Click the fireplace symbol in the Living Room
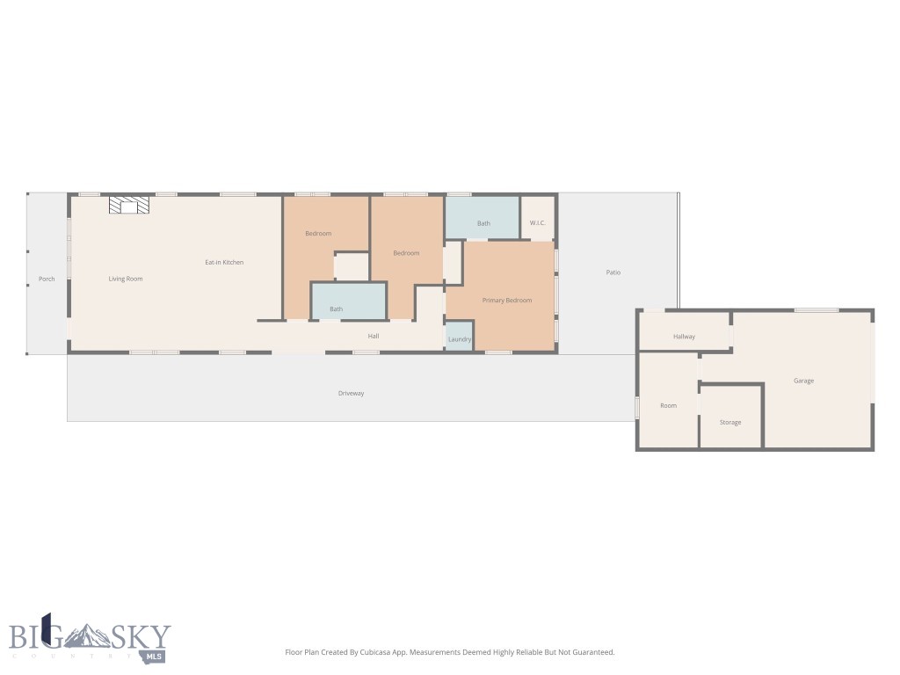coord(129,205)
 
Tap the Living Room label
coord(126,279)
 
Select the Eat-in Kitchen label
coord(224,262)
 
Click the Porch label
coord(47,279)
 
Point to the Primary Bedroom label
coord(507,301)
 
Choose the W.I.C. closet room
coord(538,223)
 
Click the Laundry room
coord(460,338)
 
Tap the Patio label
coord(613,272)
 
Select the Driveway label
coord(351,393)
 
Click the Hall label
coord(374,336)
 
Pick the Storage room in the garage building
coord(730,422)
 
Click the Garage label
coord(803,381)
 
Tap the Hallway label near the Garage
coord(684,337)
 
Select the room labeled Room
coord(669,405)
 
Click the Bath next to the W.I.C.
coord(483,223)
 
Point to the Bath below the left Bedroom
coord(337,308)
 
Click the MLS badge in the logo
coord(156,656)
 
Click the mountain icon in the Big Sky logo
coord(89,635)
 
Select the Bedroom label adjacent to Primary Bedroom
coord(406,253)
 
